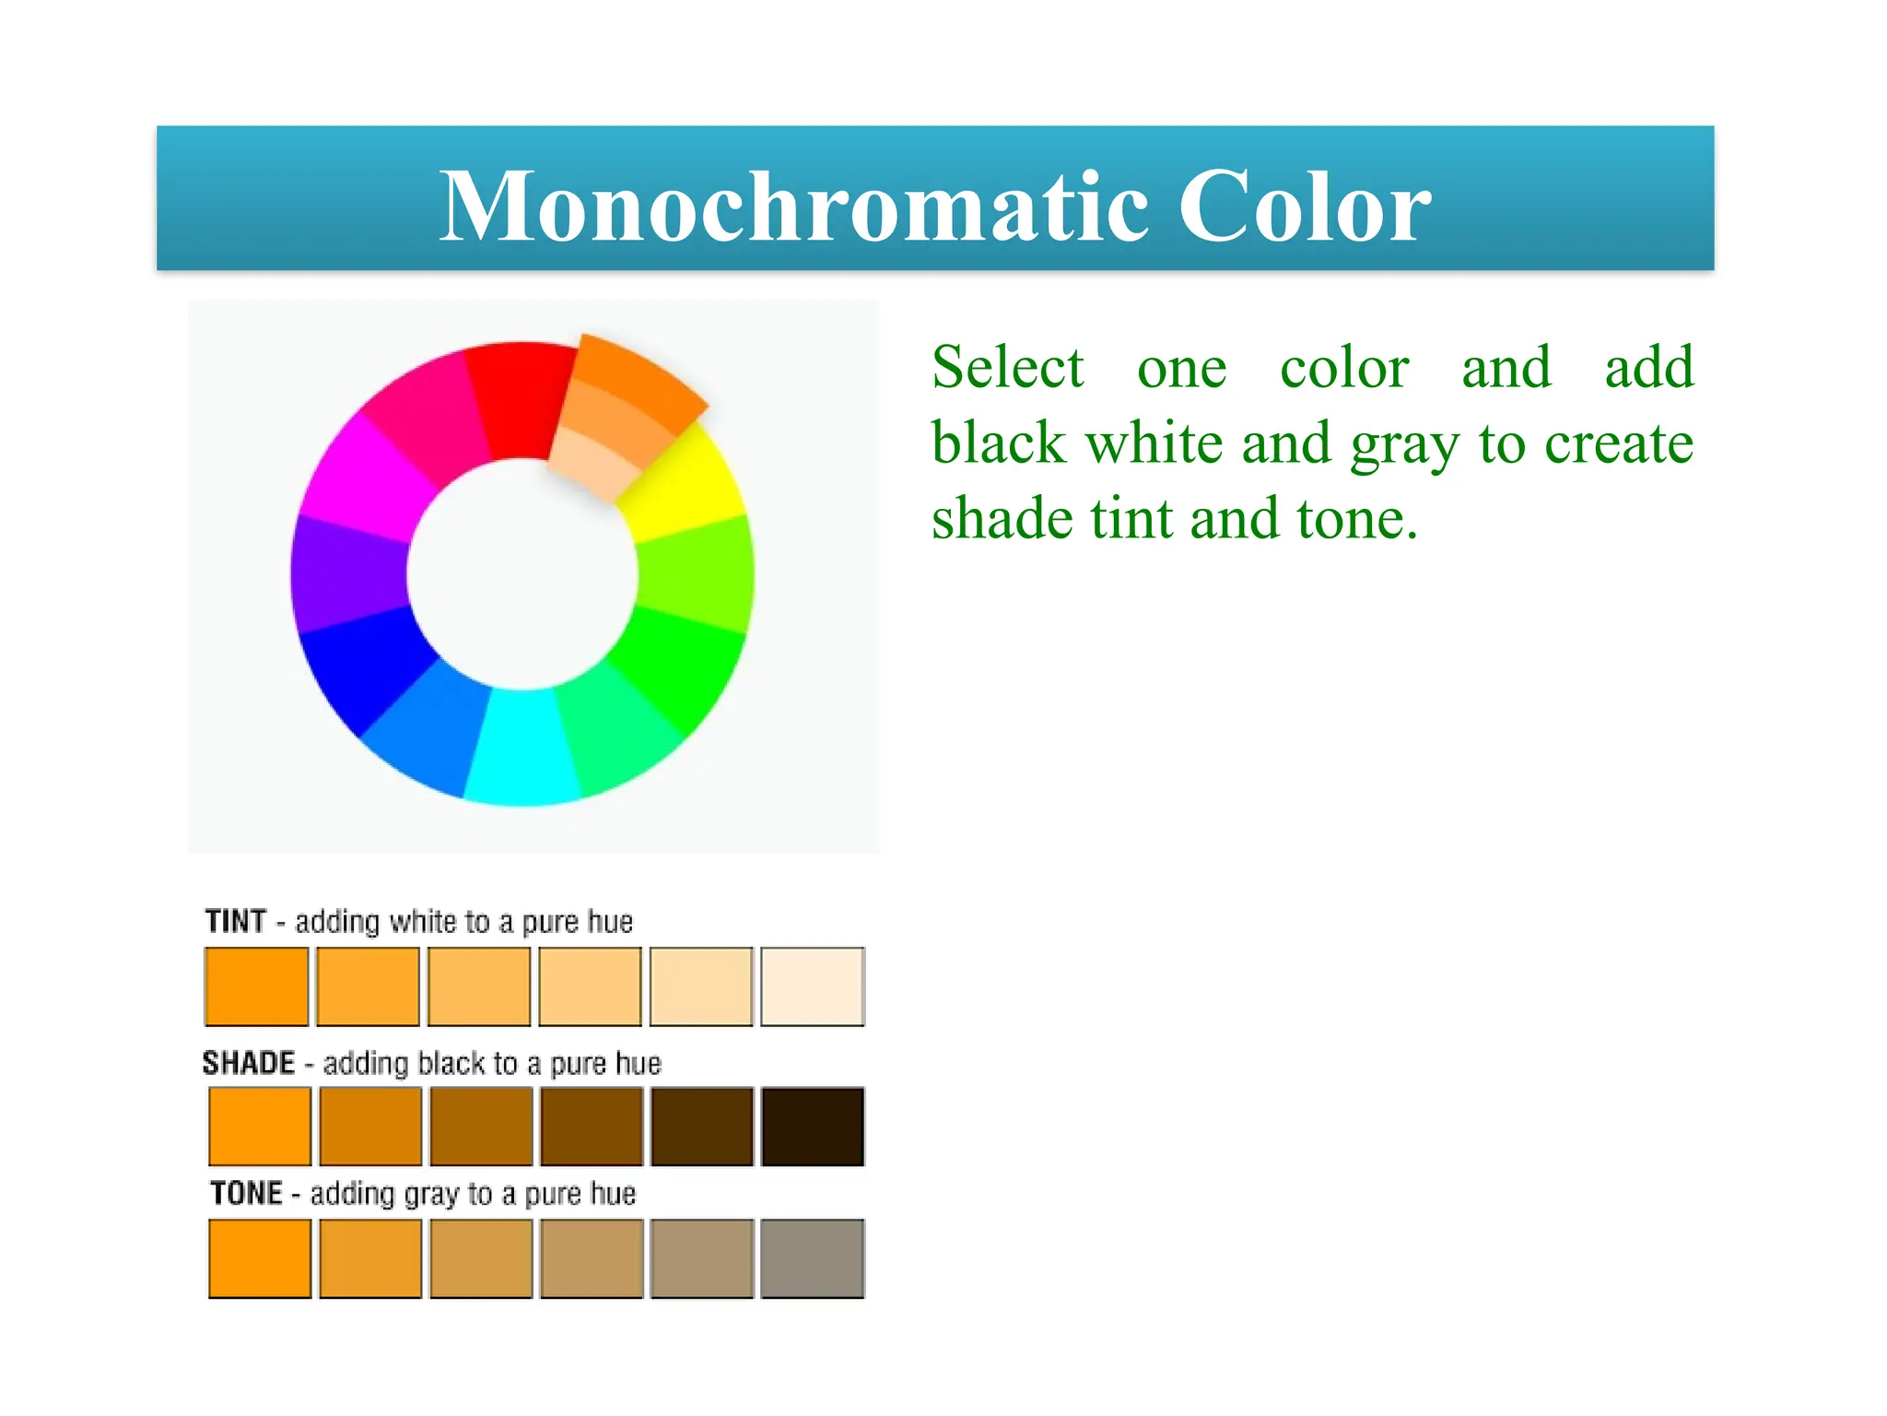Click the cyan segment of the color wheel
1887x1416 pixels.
[x=522, y=747]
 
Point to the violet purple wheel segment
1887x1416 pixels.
[x=348, y=573]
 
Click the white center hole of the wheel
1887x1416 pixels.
[x=522, y=573]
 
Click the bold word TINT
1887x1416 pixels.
[x=236, y=921]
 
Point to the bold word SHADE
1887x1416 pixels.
[x=249, y=1063]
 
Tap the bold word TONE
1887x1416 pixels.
[x=246, y=1193]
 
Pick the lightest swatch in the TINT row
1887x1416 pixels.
[x=812, y=985]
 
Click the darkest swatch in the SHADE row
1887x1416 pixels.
[x=812, y=1127]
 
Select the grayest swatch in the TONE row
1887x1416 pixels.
[x=812, y=1258]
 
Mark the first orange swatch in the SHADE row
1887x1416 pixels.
[x=260, y=1127]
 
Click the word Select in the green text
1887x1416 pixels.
[x=1007, y=368]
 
